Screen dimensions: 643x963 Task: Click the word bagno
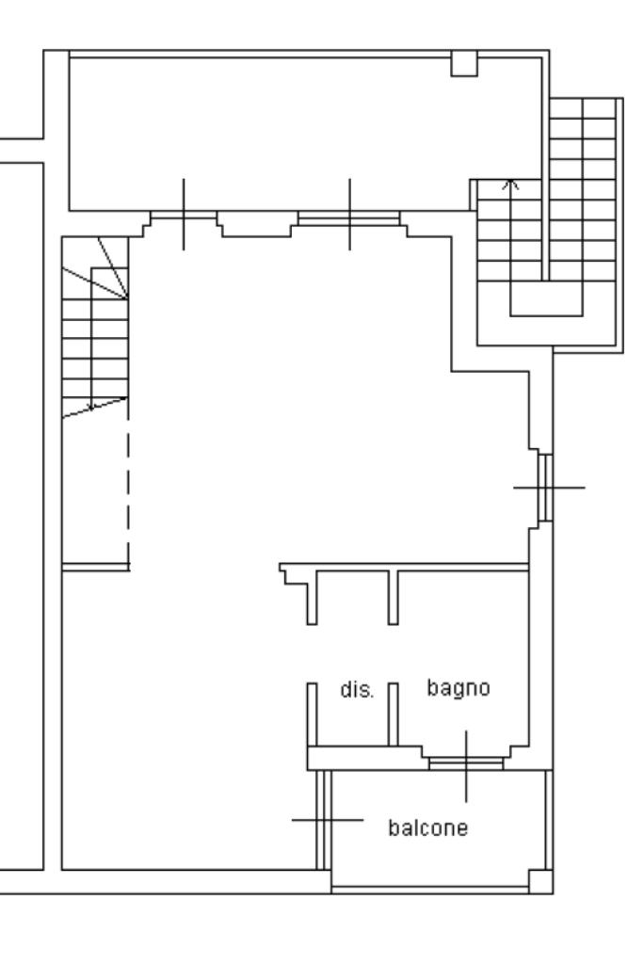pos(458,688)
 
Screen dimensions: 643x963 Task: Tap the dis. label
pos(357,689)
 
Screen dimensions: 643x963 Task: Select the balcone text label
pos(428,827)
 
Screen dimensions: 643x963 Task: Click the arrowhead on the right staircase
pos(511,184)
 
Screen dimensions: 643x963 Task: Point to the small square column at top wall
pos(464,64)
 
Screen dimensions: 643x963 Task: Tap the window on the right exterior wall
pos(545,488)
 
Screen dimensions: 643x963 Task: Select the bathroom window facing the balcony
pos(465,763)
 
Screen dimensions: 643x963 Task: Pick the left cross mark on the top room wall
pos(184,215)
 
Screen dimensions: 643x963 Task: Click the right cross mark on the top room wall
pos(349,215)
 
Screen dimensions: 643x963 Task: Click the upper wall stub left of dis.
pos(312,598)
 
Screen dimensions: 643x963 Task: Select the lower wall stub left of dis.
pos(312,714)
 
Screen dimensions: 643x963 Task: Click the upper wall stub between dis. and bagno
pos(393,598)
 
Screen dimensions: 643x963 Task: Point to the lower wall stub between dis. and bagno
pos(393,714)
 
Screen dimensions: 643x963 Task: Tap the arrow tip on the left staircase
pos(91,408)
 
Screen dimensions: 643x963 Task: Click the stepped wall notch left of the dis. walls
pos(294,575)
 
